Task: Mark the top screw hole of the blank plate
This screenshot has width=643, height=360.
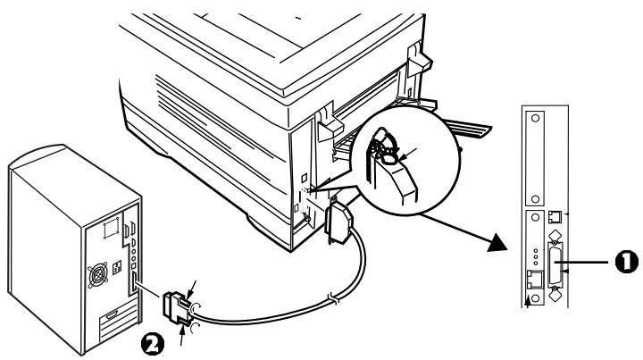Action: click(535, 118)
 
